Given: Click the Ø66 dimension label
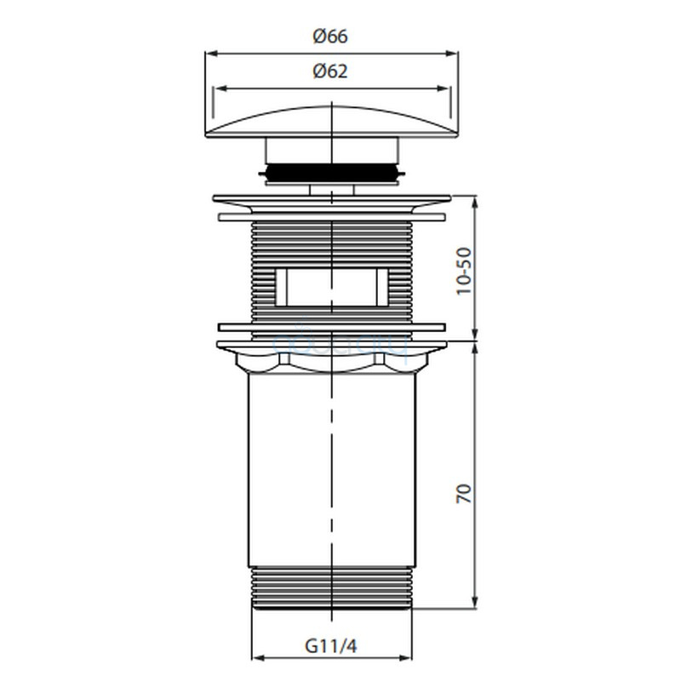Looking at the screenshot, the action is point(330,36).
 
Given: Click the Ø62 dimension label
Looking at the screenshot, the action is point(330,72).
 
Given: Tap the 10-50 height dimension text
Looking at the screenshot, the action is point(464,271).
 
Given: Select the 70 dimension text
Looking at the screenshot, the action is point(464,494).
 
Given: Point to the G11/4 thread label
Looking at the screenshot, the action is point(331,646).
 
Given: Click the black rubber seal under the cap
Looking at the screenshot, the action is point(331,173).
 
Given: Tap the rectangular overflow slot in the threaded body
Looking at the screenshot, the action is point(331,287).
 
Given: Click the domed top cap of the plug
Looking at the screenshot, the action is point(331,122).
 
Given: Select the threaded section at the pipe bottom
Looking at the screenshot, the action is point(331,588).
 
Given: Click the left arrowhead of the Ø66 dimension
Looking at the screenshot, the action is point(210,54).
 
